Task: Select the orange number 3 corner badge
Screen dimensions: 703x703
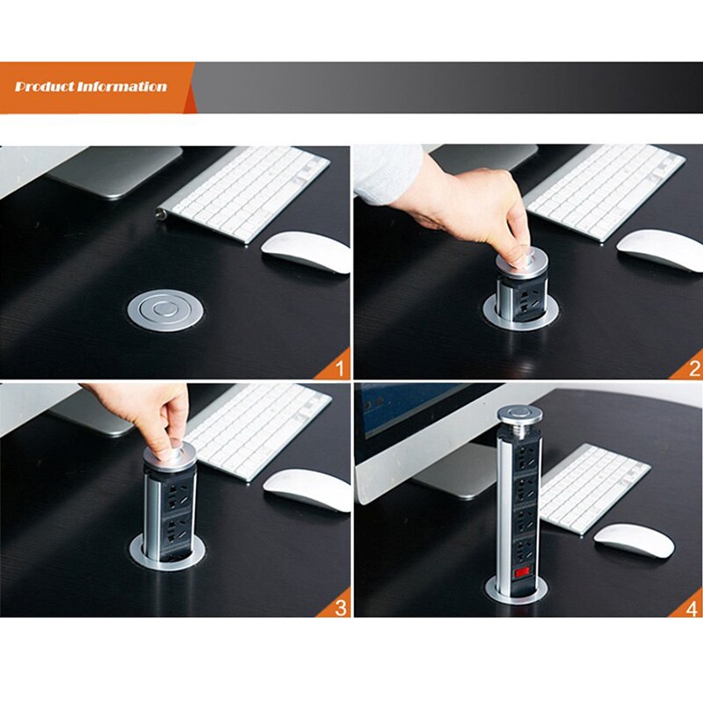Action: coord(340,606)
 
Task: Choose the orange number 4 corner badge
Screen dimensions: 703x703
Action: coord(691,606)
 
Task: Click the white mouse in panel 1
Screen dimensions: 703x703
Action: coord(306,250)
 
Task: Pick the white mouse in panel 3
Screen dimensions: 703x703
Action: coord(307,489)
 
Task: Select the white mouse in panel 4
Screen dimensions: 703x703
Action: coord(634,539)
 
